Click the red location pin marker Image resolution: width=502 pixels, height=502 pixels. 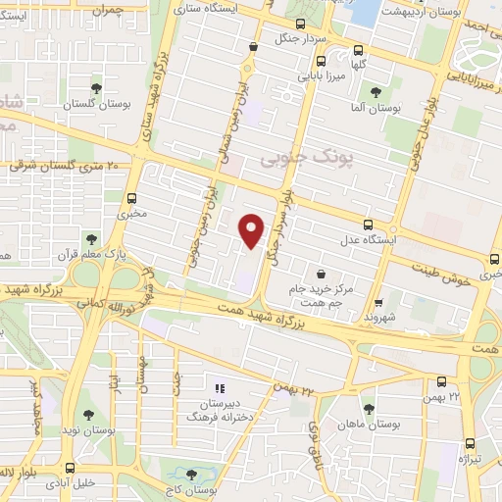coord(253,230)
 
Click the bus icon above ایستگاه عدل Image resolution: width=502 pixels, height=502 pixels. coord(368,225)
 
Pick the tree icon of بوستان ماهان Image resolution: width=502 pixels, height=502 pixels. coord(369,409)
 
